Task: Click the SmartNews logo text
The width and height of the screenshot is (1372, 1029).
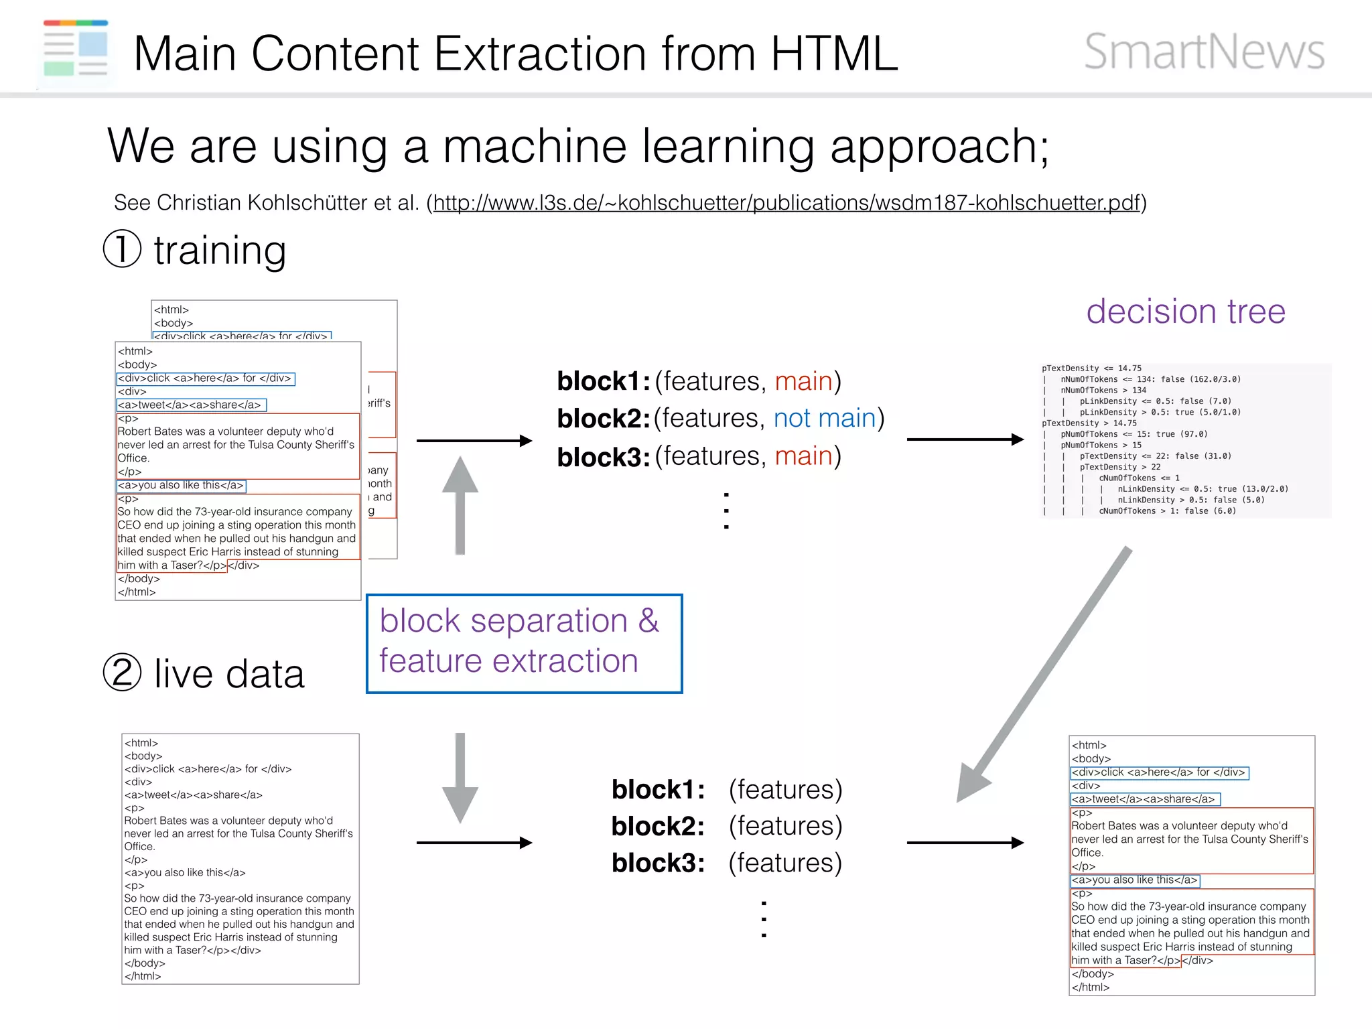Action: [x=1204, y=52]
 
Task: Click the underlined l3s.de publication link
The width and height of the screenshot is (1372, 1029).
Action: [x=786, y=202]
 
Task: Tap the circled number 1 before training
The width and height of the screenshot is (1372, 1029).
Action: [x=122, y=249]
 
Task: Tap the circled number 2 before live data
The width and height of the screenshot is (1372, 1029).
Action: [x=122, y=672]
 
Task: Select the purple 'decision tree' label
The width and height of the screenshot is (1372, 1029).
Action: [x=1186, y=312]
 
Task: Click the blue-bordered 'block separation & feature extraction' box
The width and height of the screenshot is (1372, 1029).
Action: [x=524, y=643]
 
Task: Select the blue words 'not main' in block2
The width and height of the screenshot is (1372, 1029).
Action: [x=825, y=418]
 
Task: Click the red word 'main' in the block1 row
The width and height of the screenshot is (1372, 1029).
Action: [x=803, y=381]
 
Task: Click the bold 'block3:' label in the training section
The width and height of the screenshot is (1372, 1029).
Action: [x=603, y=457]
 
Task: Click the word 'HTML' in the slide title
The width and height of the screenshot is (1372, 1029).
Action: [x=833, y=54]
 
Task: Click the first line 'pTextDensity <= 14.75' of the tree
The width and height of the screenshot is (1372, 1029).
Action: [x=1091, y=368]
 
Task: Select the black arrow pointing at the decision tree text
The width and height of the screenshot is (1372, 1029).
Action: [x=965, y=439]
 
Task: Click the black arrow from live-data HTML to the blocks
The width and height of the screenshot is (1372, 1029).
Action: [x=474, y=843]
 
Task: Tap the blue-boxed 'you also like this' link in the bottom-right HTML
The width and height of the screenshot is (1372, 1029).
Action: [x=1134, y=880]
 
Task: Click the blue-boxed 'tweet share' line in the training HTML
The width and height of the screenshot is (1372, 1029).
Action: [x=191, y=405]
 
